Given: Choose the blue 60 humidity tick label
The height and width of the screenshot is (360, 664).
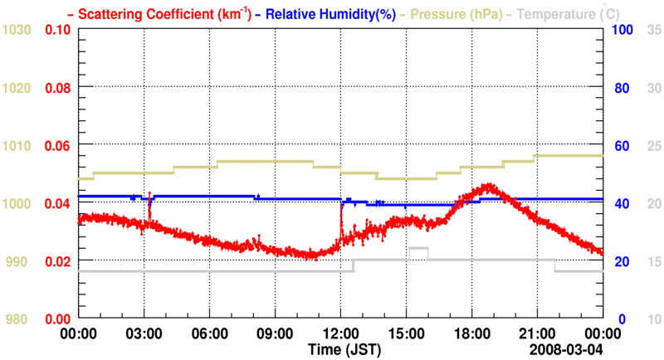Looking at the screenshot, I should (622, 146).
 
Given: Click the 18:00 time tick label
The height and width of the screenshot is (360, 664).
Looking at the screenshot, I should (471, 333).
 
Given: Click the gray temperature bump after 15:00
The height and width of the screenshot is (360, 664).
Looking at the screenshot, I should (417, 249).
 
